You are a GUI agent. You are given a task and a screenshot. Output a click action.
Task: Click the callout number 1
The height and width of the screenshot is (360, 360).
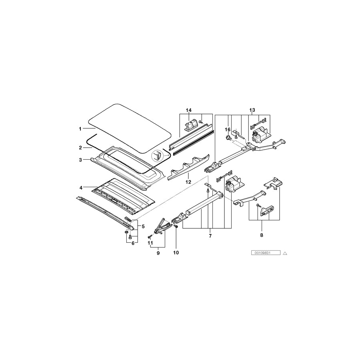(x=80, y=129)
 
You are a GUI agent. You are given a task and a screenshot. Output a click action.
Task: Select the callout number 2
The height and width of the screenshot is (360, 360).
(x=80, y=148)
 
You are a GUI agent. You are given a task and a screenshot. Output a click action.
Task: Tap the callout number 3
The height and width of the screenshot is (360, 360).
(x=80, y=160)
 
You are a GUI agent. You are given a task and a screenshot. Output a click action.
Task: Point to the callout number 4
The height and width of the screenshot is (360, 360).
(x=81, y=188)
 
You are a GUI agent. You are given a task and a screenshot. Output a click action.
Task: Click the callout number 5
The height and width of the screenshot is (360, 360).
(x=143, y=227)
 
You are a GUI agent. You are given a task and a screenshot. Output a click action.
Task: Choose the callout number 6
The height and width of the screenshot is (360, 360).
(x=133, y=243)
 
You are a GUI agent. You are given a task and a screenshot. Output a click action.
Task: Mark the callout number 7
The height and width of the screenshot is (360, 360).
(x=210, y=236)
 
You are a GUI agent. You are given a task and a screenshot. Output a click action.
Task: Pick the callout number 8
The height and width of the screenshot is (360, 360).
(x=262, y=235)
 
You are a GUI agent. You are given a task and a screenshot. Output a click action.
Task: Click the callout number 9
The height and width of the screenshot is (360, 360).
(x=158, y=253)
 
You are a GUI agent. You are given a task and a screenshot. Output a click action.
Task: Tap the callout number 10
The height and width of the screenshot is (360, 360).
(x=176, y=253)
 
